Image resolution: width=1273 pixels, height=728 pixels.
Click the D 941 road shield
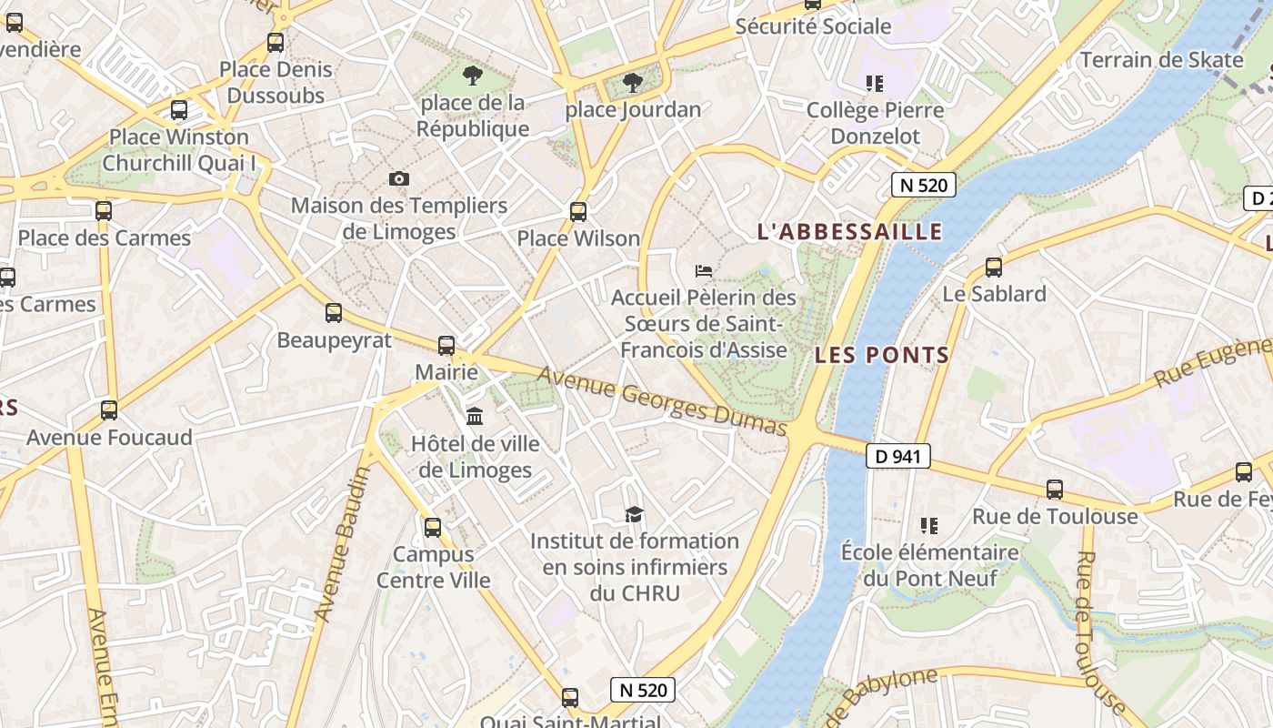[897, 456]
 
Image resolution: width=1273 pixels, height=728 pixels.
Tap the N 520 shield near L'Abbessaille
[923, 186]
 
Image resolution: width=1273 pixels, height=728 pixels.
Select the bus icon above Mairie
[446, 346]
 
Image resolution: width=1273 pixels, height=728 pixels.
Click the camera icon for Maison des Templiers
[398, 178]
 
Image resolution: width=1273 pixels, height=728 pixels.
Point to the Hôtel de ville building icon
[475, 417]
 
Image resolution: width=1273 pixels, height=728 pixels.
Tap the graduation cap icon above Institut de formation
[634, 514]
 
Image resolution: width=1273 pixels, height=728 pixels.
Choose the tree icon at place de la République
[473, 76]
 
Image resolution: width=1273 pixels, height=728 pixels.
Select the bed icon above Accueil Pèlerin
[703, 270]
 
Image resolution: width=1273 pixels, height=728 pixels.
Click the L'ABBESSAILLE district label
[849, 231]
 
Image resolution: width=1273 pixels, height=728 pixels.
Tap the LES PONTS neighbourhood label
[881, 355]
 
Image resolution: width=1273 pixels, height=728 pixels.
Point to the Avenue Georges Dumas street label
[661, 401]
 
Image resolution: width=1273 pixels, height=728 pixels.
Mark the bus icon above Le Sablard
[994, 268]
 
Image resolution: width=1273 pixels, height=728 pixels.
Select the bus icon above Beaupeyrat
[334, 313]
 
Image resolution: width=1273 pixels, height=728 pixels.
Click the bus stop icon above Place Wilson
[578, 212]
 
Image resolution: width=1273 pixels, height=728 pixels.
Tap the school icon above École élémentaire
[928, 525]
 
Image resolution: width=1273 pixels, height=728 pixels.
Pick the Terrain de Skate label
[1161, 60]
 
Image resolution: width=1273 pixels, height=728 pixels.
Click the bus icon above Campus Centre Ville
[433, 527]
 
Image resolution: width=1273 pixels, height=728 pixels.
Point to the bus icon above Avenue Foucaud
[109, 409]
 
